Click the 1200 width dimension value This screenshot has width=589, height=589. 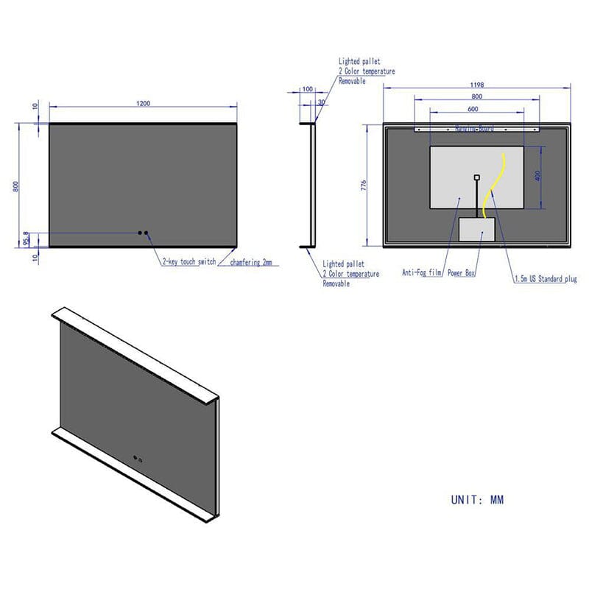(x=143, y=103)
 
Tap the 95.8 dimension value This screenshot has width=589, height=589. (x=26, y=240)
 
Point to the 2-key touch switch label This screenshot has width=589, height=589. (x=189, y=262)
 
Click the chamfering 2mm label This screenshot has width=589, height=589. (x=251, y=262)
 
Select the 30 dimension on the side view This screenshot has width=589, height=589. (x=321, y=102)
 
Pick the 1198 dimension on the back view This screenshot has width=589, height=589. (x=476, y=85)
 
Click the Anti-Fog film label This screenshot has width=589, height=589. (x=422, y=272)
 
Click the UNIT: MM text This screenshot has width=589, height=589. (x=477, y=500)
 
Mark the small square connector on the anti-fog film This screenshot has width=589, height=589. (x=477, y=177)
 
